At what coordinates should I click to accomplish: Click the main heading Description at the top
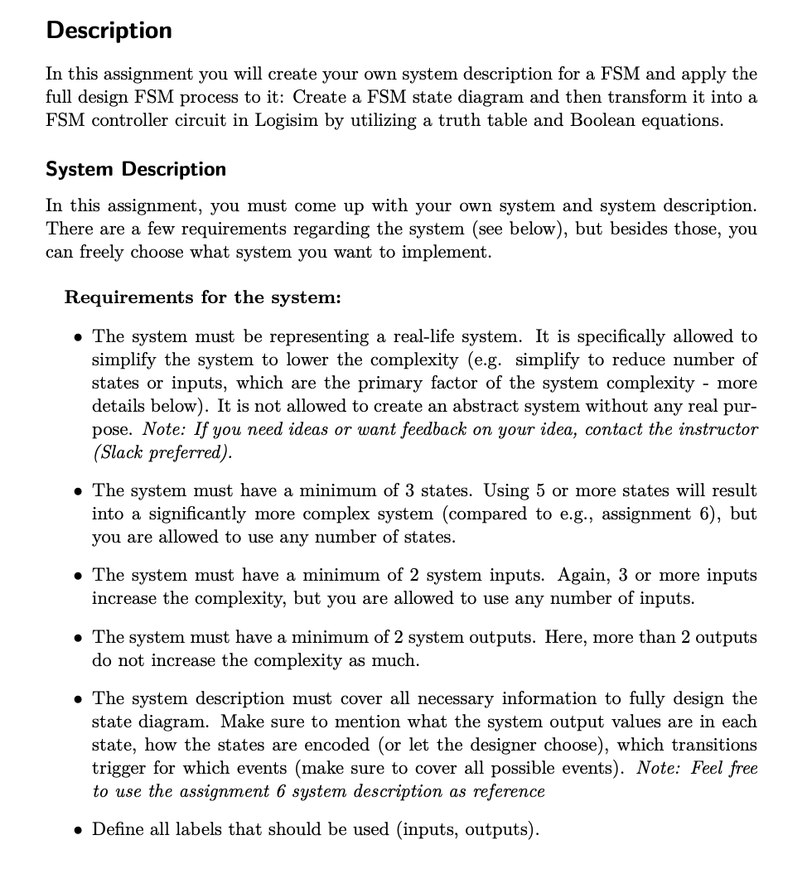tap(109, 31)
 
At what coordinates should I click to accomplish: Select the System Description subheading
tap(136, 170)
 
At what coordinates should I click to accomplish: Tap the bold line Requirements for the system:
tap(202, 297)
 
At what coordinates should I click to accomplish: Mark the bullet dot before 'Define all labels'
tap(77, 830)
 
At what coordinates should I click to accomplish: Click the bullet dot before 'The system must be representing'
tap(77, 338)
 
